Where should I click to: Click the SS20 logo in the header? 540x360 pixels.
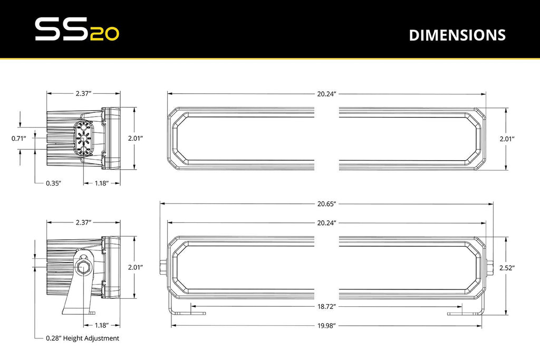click(77, 30)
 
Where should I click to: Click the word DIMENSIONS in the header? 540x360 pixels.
click(457, 35)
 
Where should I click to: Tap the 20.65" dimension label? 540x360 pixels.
click(327, 203)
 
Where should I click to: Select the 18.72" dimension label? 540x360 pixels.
click(327, 306)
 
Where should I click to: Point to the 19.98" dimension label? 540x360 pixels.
click(327, 325)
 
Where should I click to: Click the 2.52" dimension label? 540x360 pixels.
click(507, 268)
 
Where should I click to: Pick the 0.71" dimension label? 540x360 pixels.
click(19, 139)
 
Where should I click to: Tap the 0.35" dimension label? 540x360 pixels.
click(54, 183)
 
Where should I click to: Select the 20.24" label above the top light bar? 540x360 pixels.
click(327, 93)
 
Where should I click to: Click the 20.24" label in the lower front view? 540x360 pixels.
click(327, 222)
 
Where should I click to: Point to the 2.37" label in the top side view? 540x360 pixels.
click(84, 93)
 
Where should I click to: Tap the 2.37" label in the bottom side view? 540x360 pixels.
click(84, 222)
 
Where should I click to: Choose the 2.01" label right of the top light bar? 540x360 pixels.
click(507, 139)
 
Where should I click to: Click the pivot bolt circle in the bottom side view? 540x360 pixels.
click(84, 267)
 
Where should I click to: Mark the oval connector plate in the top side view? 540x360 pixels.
click(83, 139)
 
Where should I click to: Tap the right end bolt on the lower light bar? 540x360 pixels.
click(489, 268)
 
